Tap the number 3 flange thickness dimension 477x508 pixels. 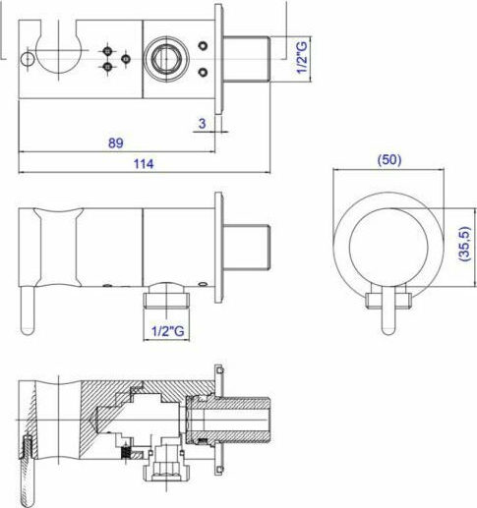201,123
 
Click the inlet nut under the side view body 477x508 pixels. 169,295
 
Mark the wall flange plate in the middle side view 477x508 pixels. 219,248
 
